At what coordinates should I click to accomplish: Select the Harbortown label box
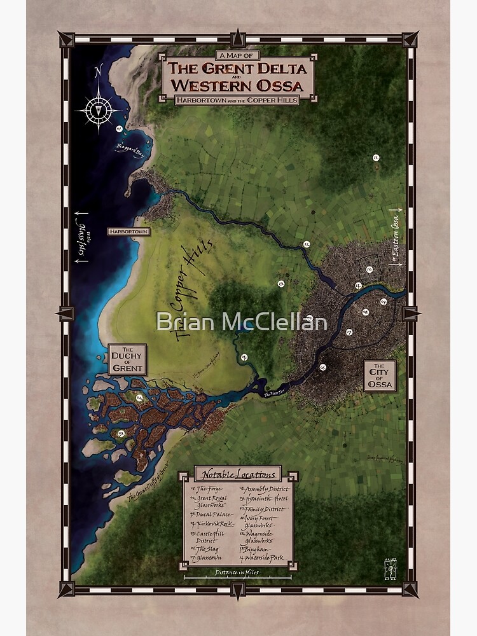pos(128,232)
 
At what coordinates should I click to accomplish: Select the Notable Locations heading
pos(238,474)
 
